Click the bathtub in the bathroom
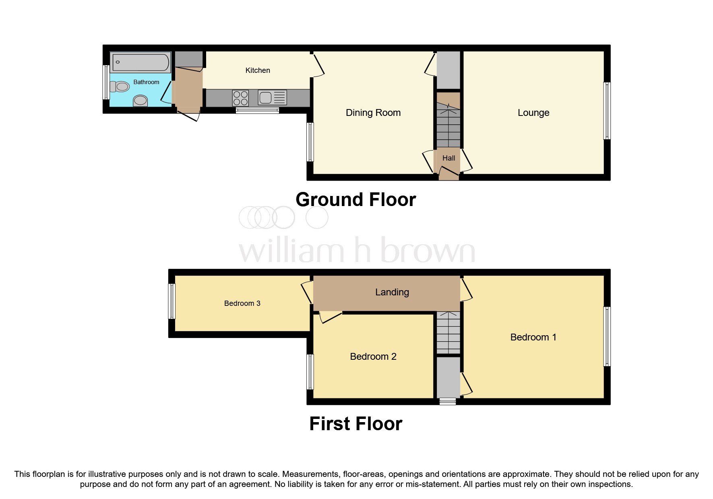tap(141, 62)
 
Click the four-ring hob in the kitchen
tap(240, 98)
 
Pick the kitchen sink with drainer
tap(272, 98)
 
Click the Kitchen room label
tap(258, 70)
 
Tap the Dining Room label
tap(373, 113)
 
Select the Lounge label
tap(533, 113)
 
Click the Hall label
tap(448, 158)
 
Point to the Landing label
tap(392, 292)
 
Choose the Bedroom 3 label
tap(242, 303)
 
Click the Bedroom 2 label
tap(373, 357)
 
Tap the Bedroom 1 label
tap(533, 337)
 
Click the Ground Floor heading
tap(355, 200)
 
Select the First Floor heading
tap(355, 424)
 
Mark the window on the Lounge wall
tap(607, 111)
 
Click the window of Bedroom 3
tap(172, 301)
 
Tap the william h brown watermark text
tap(357, 250)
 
